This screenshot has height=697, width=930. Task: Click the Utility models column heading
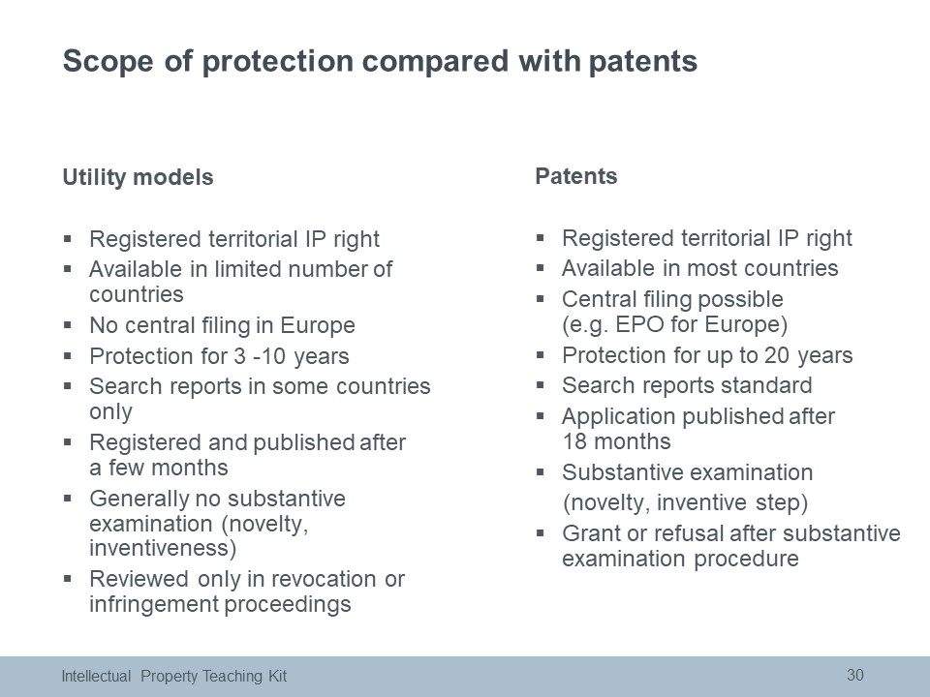tap(138, 177)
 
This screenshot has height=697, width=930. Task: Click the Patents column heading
tap(575, 176)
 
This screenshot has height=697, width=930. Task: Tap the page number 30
tap(854, 675)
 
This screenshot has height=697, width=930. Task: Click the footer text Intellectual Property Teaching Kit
tap(173, 677)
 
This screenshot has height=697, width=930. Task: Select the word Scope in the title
tap(108, 62)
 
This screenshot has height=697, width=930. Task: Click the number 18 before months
tap(574, 441)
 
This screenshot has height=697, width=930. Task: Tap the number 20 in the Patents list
tap(776, 355)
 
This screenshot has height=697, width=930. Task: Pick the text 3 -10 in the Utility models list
tap(260, 356)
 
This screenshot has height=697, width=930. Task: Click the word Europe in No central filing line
tap(318, 325)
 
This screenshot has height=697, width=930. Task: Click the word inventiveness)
tap(163, 548)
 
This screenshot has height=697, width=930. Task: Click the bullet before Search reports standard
tap(540, 385)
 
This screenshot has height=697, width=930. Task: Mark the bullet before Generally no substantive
tap(68, 499)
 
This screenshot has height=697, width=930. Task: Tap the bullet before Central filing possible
tap(540, 299)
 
